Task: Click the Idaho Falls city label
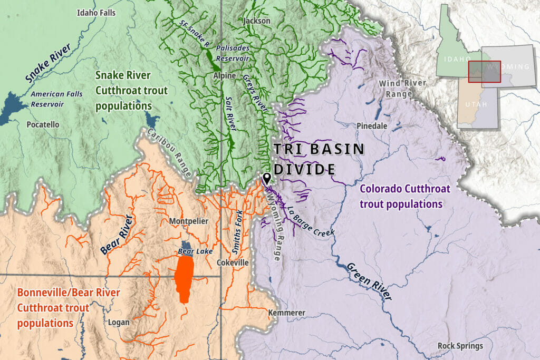(x=95, y=13)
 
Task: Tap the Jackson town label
(x=257, y=21)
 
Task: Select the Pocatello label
(x=43, y=125)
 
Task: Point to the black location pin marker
(x=267, y=178)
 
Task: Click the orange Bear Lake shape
(x=183, y=279)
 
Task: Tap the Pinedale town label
(x=372, y=127)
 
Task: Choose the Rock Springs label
(x=460, y=346)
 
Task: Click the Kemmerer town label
(x=287, y=313)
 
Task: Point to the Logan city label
(x=118, y=322)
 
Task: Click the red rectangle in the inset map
(x=485, y=72)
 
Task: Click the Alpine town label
(x=224, y=76)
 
